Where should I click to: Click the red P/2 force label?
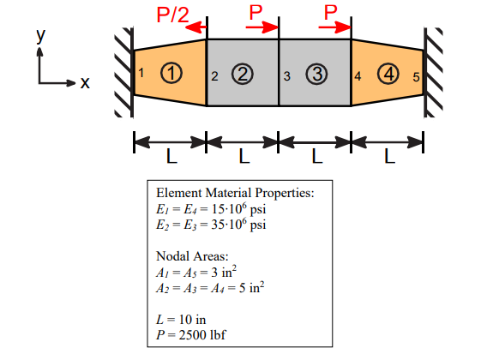click(173, 14)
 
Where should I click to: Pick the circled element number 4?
click(390, 75)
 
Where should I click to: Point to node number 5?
click(416, 76)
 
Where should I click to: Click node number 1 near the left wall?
click(141, 74)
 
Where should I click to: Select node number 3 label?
click(288, 76)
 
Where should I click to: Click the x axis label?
click(84, 83)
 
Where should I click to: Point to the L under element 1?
click(171, 158)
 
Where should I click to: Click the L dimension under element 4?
click(388, 158)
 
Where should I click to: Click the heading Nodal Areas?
click(192, 256)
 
